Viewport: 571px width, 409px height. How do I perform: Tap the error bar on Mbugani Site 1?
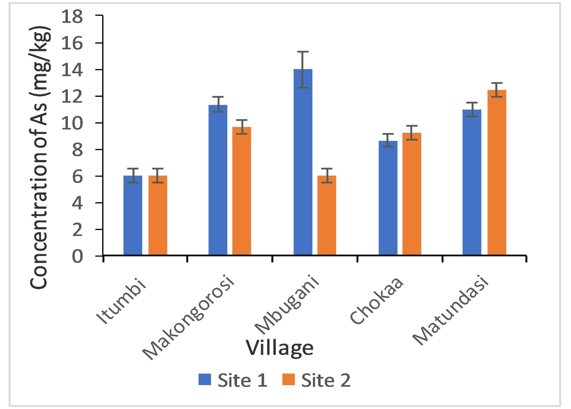303,70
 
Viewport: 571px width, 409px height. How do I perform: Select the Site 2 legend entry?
316,380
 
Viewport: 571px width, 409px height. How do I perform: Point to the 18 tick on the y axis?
72,16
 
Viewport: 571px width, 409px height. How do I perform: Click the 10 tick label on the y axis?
72,123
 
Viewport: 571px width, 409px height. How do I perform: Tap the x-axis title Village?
279,348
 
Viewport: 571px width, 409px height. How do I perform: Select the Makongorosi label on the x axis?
188,317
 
